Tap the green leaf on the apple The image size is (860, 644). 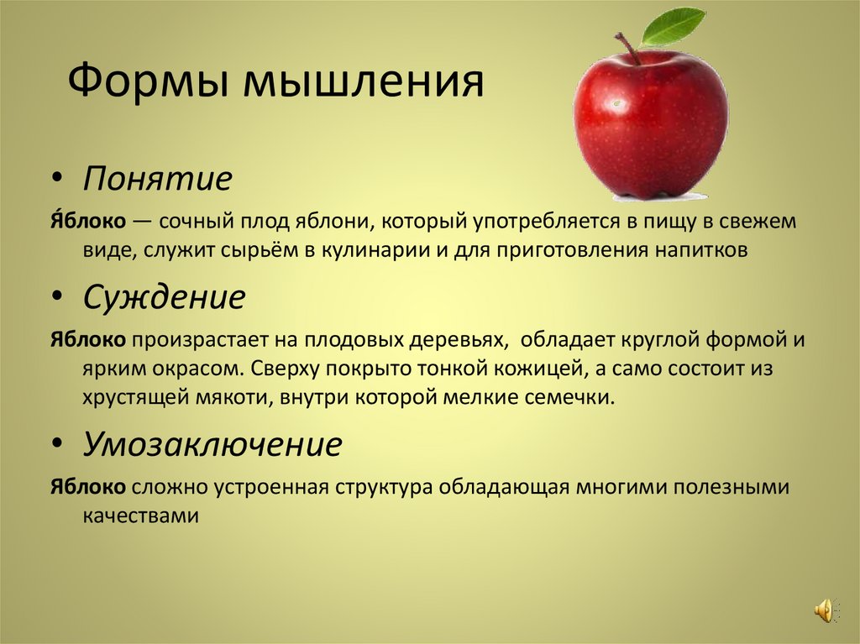click(x=673, y=26)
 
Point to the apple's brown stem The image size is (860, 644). click(x=628, y=47)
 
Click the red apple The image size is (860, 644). click(x=650, y=126)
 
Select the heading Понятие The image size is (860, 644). click(x=157, y=179)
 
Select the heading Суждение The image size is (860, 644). click(x=164, y=297)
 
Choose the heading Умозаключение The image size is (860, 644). click(x=212, y=444)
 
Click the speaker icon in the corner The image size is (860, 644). click(x=822, y=610)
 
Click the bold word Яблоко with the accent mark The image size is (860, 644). click(x=87, y=222)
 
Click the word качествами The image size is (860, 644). click(x=140, y=516)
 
